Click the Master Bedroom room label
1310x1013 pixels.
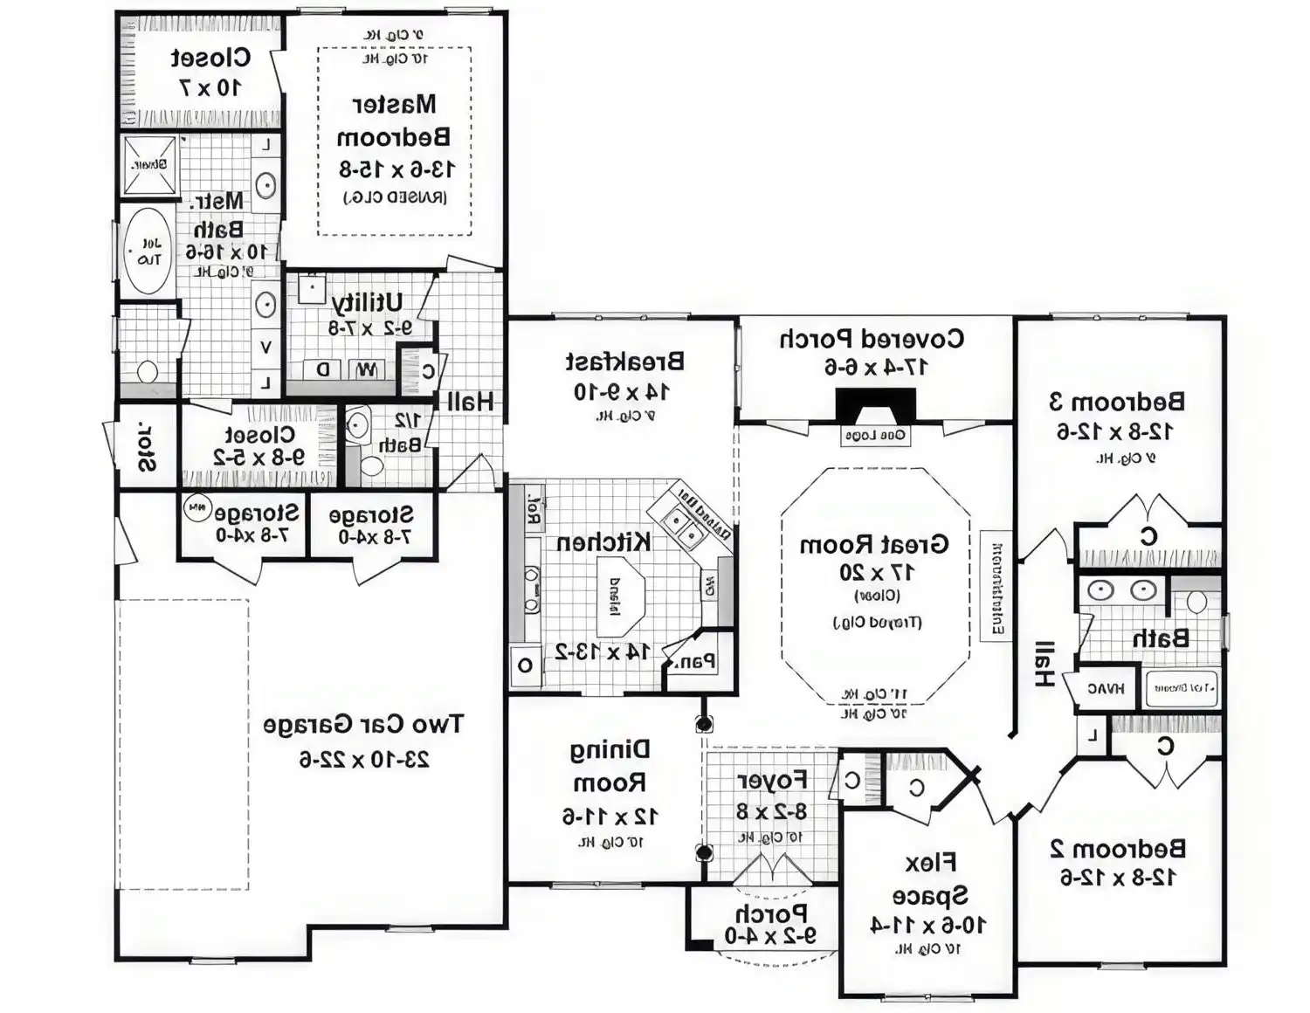(394, 121)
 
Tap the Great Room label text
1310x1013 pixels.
(873, 545)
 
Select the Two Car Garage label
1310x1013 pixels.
(363, 725)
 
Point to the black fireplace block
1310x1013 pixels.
(875, 406)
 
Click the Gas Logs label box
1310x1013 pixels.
(875, 435)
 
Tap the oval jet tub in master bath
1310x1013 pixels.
(148, 251)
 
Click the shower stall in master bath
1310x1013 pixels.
(149, 164)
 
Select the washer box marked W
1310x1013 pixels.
(366, 369)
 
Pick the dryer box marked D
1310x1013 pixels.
(323, 369)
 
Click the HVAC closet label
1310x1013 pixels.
(1106, 689)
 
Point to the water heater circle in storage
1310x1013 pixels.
(198, 507)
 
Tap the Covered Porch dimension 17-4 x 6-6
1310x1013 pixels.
(876, 368)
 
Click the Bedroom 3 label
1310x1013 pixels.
(1117, 402)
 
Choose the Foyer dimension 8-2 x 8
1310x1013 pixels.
(771, 811)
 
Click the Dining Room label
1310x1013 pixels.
(610, 766)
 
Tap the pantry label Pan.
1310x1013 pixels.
(697, 661)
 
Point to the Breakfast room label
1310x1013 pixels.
(624, 362)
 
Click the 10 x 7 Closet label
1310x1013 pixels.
(210, 72)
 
